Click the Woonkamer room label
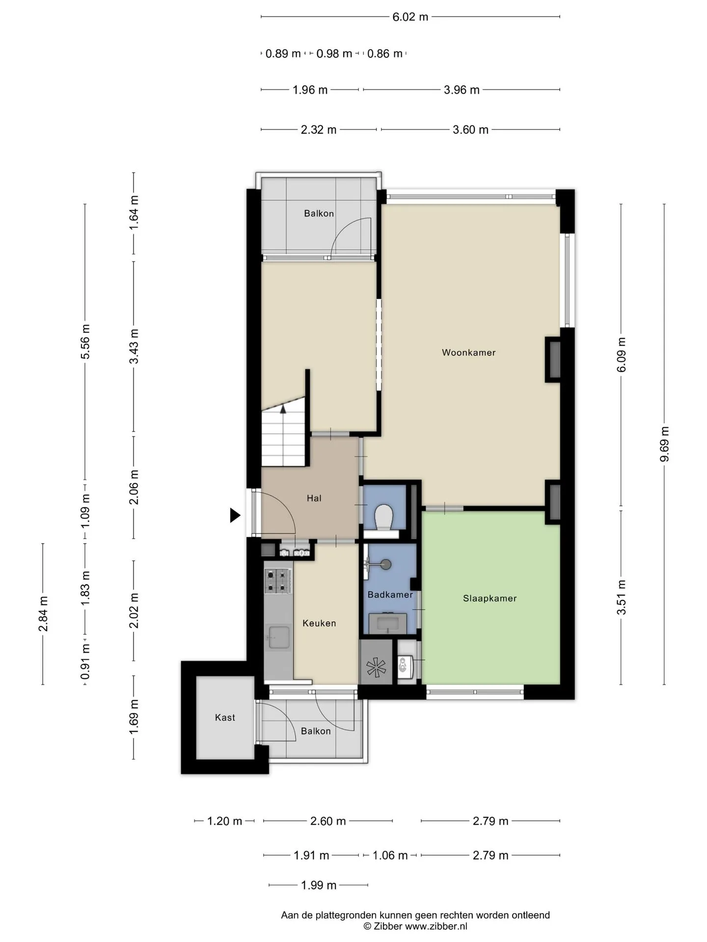tap(468, 352)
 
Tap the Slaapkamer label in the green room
tap(489, 598)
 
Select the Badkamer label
tap(390, 595)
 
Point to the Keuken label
tap(319, 623)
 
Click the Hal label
tap(314, 498)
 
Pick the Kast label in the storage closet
tap(225, 717)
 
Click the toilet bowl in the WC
tap(383, 518)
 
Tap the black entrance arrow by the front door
tap(235, 515)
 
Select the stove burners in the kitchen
tap(278, 581)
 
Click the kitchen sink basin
tap(278, 637)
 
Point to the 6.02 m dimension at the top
tap(410, 17)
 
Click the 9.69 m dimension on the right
tap(664, 444)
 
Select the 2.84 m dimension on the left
tap(43, 614)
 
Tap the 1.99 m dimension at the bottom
tap(319, 885)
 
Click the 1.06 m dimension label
tap(390, 855)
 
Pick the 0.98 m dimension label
tap(334, 53)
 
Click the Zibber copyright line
tap(415, 926)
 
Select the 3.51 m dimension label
tap(622, 597)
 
